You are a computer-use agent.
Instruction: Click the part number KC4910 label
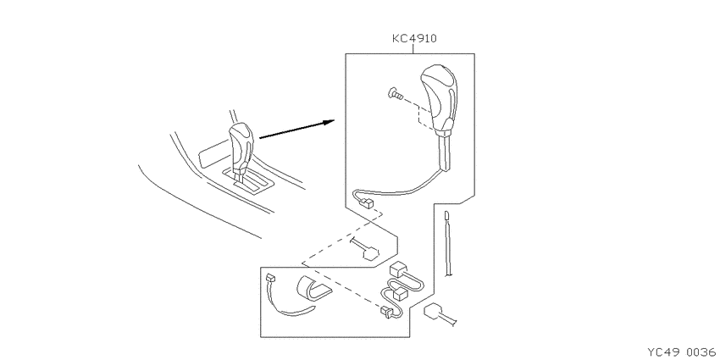click(x=414, y=38)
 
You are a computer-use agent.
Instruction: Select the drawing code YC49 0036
click(x=681, y=352)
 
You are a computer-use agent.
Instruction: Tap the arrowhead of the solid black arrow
click(x=329, y=122)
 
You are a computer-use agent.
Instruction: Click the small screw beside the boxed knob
click(x=396, y=95)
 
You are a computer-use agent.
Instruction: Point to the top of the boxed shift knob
click(x=439, y=69)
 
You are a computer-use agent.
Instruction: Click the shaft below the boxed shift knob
click(x=446, y=152)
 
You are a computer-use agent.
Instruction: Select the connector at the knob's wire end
click(x=368, y=202)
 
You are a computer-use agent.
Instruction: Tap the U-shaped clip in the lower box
click(x=313, y=288)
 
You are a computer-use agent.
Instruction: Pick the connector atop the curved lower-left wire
click(x=270, y=278)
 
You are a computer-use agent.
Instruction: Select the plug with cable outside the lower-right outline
click(x=440, y=314)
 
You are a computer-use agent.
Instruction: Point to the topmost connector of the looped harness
click(x=397, y=269)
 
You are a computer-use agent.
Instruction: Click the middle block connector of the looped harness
click(x=399, y=293)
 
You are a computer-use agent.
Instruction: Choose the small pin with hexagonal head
click(x=366, y=248)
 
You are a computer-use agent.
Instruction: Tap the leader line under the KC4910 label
click(x=413, y=48)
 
